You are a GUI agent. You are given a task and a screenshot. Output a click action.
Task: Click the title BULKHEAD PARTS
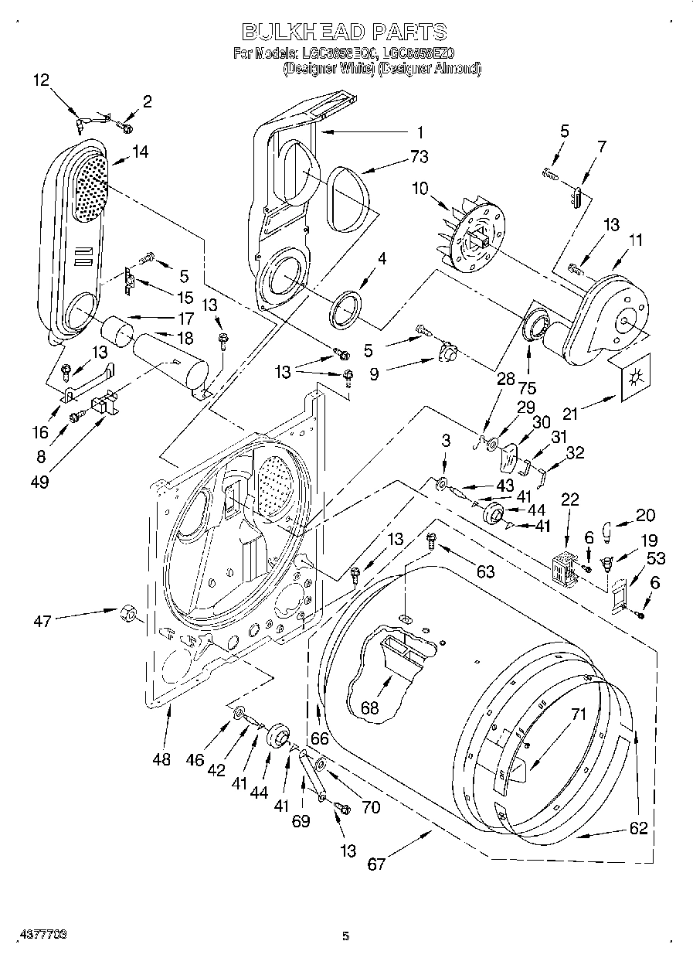point(345,32)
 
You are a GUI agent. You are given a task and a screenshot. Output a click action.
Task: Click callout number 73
point(420,157)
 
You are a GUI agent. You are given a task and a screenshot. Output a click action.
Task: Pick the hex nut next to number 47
point(127,614)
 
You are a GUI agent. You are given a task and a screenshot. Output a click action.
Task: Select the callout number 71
point(579,715)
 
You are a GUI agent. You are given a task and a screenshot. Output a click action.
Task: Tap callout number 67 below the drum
point(376,864)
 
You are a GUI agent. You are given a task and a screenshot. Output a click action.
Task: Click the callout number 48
point(161,759)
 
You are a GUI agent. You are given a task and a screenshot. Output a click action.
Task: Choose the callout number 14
point(140,153)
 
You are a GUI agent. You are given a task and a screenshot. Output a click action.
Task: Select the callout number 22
point(569,500)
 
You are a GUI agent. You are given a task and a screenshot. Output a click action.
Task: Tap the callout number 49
point(40,482)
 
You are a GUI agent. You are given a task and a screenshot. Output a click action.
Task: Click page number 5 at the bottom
point(345,936)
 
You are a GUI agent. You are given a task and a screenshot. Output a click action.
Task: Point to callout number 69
point(301,821)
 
